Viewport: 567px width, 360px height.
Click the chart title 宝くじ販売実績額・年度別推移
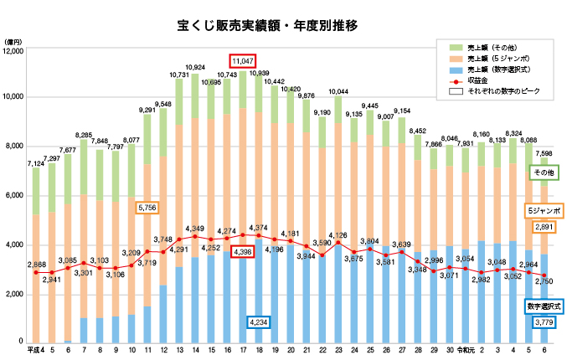coord(268,26)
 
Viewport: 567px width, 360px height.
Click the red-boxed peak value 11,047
coord(243,61)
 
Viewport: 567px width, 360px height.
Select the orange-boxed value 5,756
coord(145,208)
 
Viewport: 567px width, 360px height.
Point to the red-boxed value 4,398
coord(243,251)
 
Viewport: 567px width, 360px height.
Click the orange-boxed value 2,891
coord(544,227)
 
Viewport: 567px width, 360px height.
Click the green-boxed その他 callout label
coord(544,172)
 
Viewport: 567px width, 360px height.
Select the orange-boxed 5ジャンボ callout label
coord(544,209)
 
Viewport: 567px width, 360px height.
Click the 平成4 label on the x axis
coord(34,349)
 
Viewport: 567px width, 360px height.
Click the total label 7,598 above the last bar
coord(544,153)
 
